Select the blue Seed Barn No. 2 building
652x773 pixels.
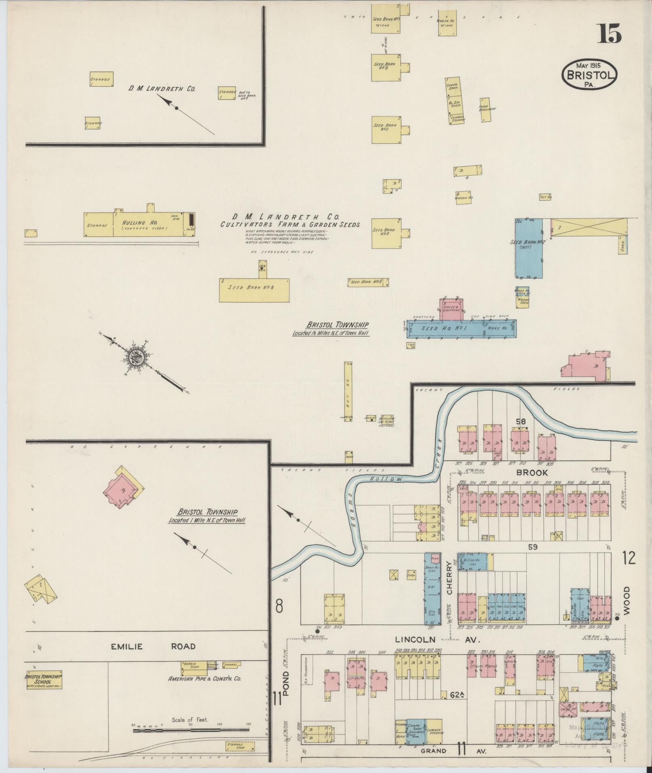pyautogui.click(x=529, y=248)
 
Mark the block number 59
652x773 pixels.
pyautogui.click(x=532, y=547)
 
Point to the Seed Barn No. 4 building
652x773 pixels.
pyautogui.click(x=386, y=233)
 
